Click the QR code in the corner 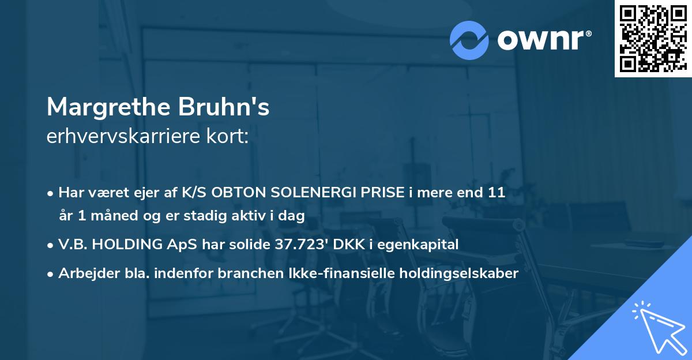click(x=653, y=39)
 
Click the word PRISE click(x=376, y=193)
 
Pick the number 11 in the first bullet click(x=497, y=193)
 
